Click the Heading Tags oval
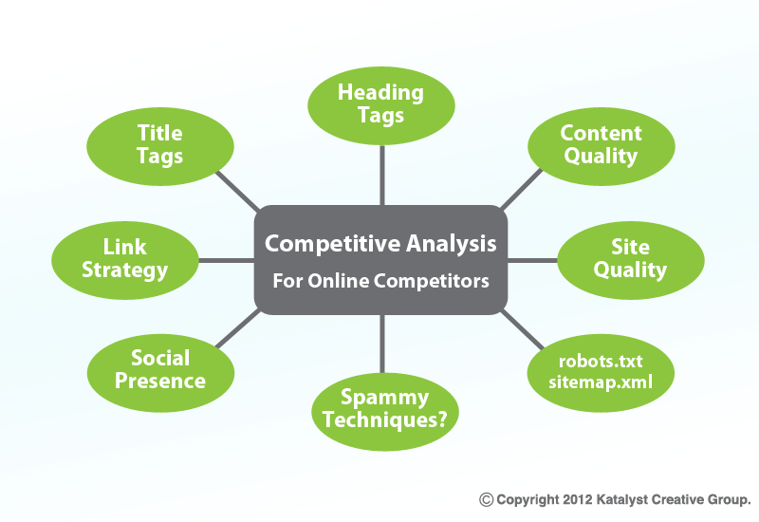381,105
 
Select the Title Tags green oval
160,146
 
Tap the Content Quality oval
602,146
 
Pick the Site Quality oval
631,260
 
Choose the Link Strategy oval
125,260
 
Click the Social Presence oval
160,373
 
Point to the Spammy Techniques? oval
385,412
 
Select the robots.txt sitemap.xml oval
601,373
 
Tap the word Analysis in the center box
452,244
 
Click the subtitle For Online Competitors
381,281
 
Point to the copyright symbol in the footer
486,500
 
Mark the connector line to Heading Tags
382,176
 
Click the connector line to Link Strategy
227,260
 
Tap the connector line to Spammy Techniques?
382,344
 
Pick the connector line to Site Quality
532,260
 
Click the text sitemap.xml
601,382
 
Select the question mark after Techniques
441,419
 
